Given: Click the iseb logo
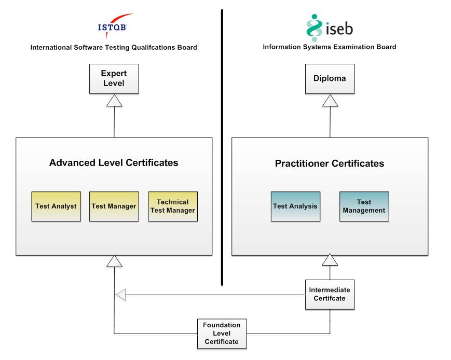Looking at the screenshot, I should coord(329,27).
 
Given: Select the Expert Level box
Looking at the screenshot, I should coord(114,79).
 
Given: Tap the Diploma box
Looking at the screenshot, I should coord(330,79).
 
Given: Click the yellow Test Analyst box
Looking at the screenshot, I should coord(56,206).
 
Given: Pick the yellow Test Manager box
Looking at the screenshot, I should coord(114,206).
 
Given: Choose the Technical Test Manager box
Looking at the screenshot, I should coord(173,206).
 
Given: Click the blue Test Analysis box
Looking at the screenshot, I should coord(295,206).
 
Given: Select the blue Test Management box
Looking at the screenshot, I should coord(364,206).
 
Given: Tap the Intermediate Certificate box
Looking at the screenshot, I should coord(330,295).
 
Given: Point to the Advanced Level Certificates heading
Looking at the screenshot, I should coord(114,163).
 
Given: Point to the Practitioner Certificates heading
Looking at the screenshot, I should coord(330,164).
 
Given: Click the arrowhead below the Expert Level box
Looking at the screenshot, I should coord(114,101).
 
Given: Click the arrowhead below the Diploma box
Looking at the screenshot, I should coord(330,101).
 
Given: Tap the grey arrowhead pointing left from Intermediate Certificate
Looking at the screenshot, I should coord(120,295).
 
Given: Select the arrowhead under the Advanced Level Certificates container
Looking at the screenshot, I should coord(114,261).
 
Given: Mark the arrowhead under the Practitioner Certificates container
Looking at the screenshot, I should coord(330,261).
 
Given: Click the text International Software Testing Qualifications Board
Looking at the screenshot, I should coord(114,48).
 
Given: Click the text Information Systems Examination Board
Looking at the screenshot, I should coord(330,47).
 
